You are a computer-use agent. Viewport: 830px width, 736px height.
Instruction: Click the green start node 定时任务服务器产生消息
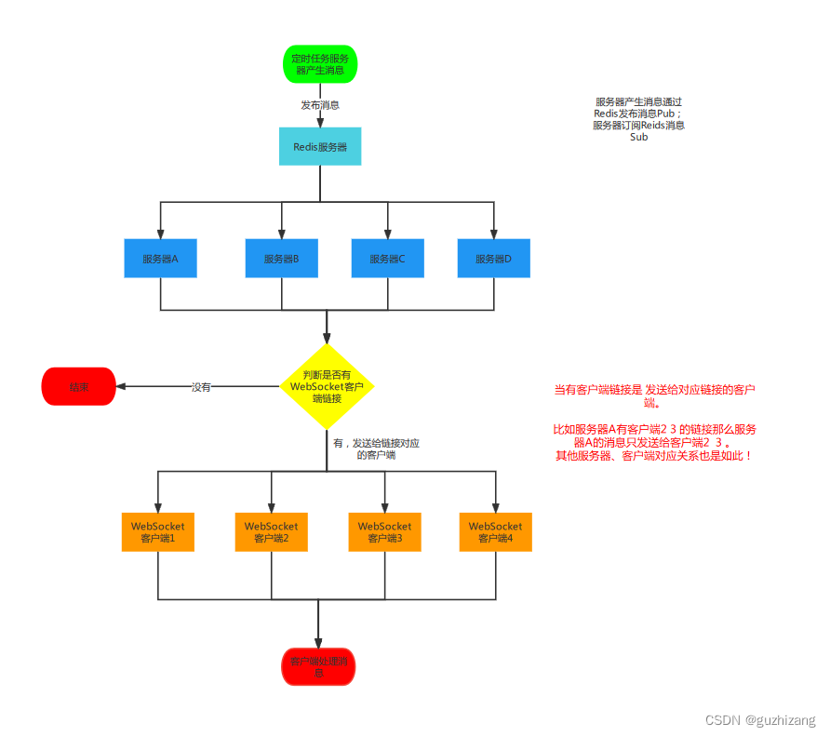click(320, 64)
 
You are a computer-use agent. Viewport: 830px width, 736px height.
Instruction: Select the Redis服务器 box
click(320, 147)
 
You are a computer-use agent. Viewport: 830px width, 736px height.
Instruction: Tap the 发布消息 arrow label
click(320, 105)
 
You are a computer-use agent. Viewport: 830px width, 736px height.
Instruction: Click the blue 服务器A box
click(160, 259)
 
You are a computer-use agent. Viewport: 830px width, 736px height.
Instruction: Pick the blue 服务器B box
click(281, 259)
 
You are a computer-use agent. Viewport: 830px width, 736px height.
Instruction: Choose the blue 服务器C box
click(387, 259)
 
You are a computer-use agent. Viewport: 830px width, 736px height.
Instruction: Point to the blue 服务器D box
click(493, 259)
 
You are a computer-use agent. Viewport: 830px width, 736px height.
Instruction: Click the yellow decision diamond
click(327, 386)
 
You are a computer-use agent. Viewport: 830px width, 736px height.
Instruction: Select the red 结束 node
click(78, 386)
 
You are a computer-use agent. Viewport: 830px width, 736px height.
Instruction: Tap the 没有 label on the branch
click(201, 387)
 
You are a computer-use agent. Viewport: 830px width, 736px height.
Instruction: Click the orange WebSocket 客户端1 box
click(157, 532)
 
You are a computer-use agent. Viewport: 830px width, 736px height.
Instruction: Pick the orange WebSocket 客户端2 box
click(271, 532)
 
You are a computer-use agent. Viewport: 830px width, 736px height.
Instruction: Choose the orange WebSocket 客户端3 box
click(384, 532)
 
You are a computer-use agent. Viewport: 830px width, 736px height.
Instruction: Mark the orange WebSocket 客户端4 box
click(495, 532)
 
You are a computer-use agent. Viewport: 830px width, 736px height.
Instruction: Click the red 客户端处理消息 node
click(318, 666)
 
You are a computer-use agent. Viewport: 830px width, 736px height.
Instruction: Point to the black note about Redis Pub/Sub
click(638, 119)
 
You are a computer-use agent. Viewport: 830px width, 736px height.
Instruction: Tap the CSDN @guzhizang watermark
click(760, 720)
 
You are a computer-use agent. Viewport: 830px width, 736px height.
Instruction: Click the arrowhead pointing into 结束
click(121, 386)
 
